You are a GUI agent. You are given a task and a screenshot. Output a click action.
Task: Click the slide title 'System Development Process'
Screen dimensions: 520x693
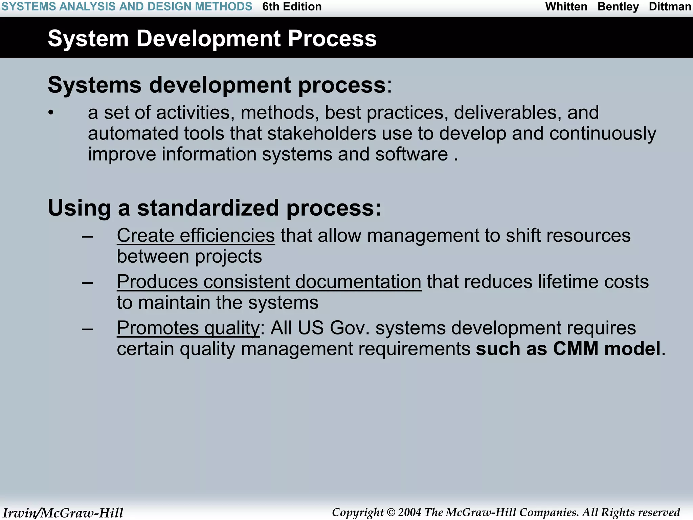[212, 38]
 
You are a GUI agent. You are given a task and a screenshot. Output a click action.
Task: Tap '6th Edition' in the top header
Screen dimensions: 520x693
[292, 6]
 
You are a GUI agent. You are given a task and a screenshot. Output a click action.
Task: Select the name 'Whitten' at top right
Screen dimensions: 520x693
[566, 6]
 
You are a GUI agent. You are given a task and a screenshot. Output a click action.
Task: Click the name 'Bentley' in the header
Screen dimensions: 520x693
[618, 6]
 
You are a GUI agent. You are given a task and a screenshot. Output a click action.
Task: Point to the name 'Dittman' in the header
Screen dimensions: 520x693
[670, 6]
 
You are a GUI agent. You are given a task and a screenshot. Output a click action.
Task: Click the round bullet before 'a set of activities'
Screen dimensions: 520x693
[51, 113]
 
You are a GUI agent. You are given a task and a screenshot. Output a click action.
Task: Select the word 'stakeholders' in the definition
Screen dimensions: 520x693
[321, 133]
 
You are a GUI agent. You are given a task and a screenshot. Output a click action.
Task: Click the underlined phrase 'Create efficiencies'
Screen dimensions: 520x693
[196, 235]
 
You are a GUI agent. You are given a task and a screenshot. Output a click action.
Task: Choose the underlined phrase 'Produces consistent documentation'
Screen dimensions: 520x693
[269, 282]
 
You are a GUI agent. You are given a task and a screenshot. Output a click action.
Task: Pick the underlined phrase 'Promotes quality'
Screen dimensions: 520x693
[188, 328]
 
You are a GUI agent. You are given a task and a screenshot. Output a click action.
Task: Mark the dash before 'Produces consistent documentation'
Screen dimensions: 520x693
[88, 282]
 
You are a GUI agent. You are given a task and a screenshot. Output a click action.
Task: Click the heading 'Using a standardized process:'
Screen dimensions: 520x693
[215, 208]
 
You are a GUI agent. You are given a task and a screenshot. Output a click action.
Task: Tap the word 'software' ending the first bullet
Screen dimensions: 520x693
[411, 154]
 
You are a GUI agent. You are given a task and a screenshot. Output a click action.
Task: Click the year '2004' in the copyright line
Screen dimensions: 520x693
[409, 512]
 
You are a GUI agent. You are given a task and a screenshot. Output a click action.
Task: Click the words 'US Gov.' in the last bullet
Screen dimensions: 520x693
[334, 328]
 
